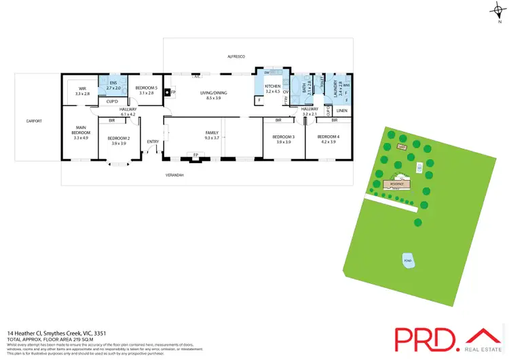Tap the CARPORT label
[x=35, y=121]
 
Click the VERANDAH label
[x=175, y=175]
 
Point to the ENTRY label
[x=153, y=141]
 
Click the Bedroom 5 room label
[x=146, y=87]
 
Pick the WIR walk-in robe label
[x=83, y=88]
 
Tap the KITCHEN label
[x=273, y=86]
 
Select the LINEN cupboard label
[x=341, y=110]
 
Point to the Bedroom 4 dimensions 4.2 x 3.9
[x=328, y=142]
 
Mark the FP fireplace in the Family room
[x=195, y=155]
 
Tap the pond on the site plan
[x=408, y=261]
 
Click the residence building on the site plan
[x=397, y=183]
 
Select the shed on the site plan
[x=402, y=146]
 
